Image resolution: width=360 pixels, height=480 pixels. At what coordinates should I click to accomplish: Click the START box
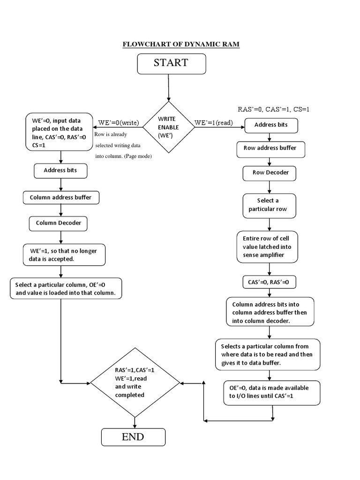171,64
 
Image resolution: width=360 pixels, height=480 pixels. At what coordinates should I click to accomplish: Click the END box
133,437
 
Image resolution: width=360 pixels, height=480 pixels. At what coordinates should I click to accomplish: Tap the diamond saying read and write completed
135,382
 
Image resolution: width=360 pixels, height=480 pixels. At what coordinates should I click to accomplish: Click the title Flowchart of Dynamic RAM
181,45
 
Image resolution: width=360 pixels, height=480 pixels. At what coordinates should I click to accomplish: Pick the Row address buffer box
270,148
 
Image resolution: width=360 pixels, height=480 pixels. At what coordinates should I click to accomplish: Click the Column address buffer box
60,197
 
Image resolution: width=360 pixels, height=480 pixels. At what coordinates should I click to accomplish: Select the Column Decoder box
59,223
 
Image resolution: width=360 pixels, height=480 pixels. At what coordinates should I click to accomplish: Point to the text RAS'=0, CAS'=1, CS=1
274,109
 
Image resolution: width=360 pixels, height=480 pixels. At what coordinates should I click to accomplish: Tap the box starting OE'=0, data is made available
272,392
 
